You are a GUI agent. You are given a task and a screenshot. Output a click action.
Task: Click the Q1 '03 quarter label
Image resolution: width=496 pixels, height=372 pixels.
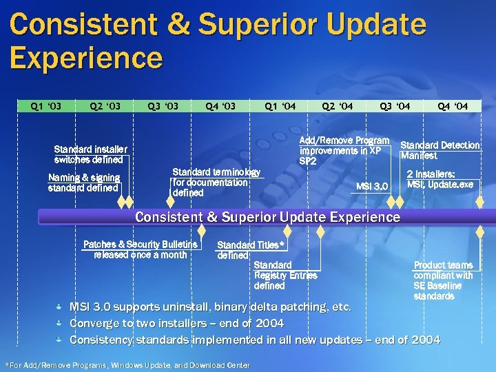pyautogui.click(x=45, y=106)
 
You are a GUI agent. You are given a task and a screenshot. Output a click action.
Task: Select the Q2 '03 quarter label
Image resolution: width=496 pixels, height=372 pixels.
pyautogui.click(x=105, y=106)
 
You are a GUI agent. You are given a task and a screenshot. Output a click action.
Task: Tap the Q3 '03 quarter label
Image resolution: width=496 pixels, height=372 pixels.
pyautogui.click(x=163, y=106)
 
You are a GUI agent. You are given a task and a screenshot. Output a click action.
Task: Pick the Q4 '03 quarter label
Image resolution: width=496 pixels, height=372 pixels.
pyautogui.click(x=220, y=106)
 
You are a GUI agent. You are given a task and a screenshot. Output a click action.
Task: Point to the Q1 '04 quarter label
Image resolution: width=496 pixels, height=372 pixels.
pyautogui.click(x=281, y=106)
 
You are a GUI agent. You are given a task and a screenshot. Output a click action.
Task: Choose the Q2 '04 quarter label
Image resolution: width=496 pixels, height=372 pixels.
pyautogui.click(x=338, y=106)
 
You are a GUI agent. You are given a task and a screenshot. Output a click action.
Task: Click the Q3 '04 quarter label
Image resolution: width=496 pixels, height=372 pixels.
pyautogui.click(x=395, y=106)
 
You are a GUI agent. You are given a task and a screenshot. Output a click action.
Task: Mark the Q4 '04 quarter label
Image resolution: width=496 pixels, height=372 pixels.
pyautogui.click(x=453, y=106)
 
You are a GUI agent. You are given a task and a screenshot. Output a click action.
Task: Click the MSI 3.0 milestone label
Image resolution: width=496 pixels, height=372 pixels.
pyautogui.click(x=373, y=186)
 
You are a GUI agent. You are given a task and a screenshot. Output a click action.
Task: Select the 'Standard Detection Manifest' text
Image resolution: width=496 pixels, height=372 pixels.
pyautogui.click(x=440, y=150)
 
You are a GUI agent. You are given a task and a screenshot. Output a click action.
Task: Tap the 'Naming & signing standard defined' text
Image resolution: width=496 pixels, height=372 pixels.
pyautogui.click(x=84, y=183)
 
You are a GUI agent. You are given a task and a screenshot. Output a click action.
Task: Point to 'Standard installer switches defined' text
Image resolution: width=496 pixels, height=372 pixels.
pyautogui.click(x=90, y=154)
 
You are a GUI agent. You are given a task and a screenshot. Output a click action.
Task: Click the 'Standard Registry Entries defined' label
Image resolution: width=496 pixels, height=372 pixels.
pyautogui.click(x=285, y=276)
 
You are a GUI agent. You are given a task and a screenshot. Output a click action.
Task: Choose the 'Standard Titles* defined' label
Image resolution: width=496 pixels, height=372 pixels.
pyautogui.click(x=249, y=250)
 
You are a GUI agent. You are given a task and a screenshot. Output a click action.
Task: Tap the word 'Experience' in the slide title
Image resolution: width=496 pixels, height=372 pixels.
pyautogui.click(x=87, y=57)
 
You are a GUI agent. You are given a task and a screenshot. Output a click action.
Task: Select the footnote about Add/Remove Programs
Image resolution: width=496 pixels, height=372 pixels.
pyautogui.click(x=127, y=364)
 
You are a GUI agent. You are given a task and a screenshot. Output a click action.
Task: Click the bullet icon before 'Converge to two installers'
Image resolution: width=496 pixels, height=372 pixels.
pyautogui.click(x=61, y=323)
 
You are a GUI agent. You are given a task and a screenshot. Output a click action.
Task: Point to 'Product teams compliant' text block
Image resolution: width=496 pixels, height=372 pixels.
pyautogui.click(x=443, y=280)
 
